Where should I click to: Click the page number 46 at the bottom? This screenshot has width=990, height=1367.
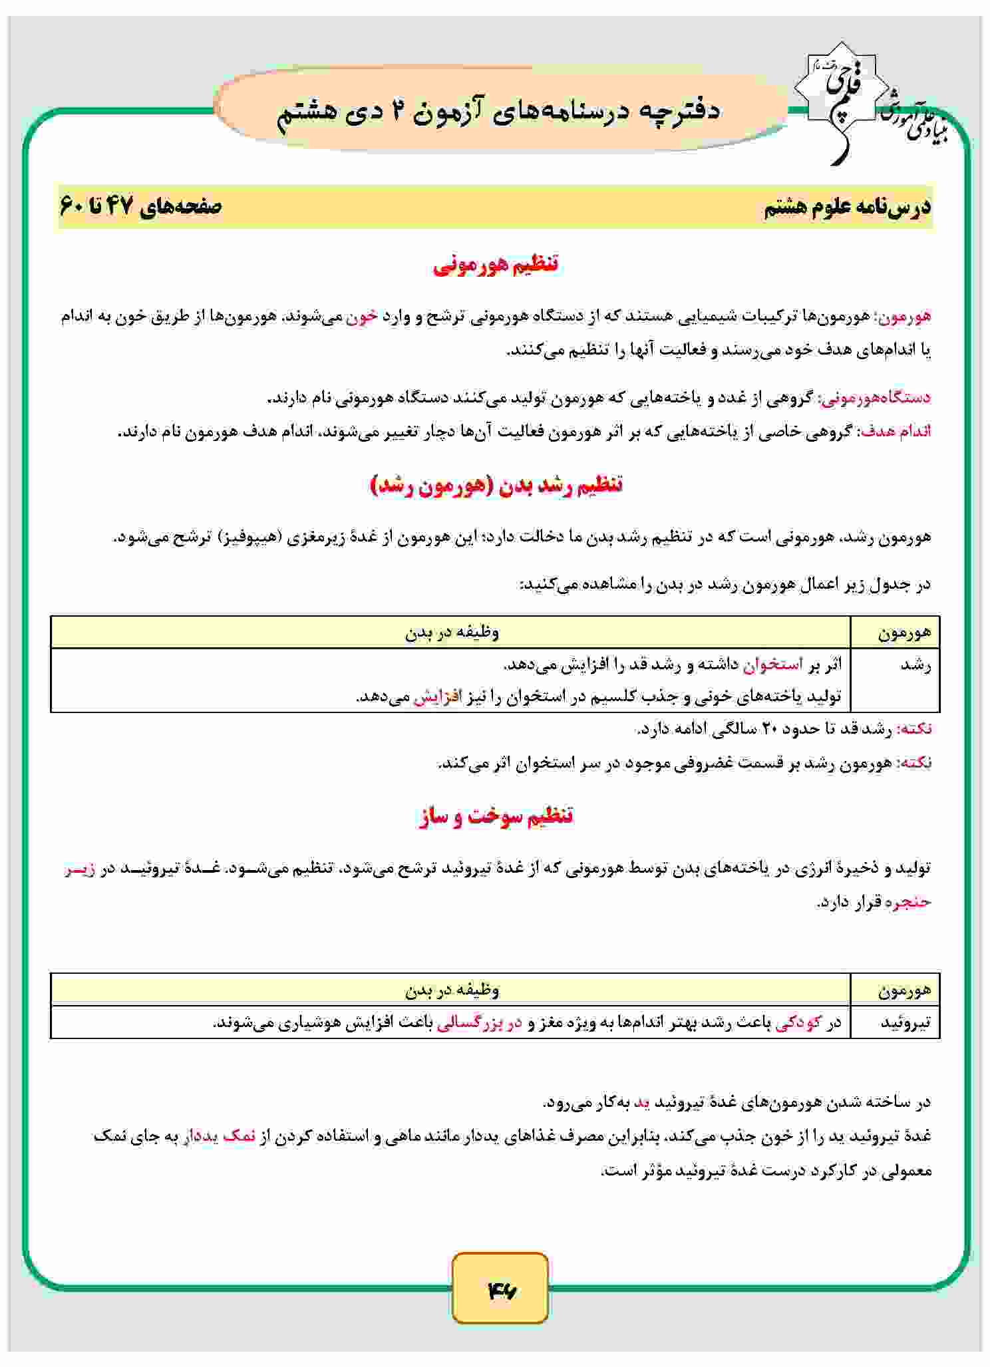(x=500, y=1291)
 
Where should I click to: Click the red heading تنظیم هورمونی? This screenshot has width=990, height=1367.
(x=496, y=265)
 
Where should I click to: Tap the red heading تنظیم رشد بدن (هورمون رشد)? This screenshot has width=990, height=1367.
(x=496, y=485)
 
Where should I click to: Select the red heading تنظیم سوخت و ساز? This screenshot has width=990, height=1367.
(x=496, y=816)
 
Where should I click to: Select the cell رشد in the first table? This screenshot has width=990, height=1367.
(x=915, y=665)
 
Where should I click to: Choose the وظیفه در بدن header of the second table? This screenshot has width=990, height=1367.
(x=452, y=990)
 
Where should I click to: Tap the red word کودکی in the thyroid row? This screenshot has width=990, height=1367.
(x=800, y=1022)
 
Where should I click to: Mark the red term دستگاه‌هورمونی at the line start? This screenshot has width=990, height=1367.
(x=878, y=398)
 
